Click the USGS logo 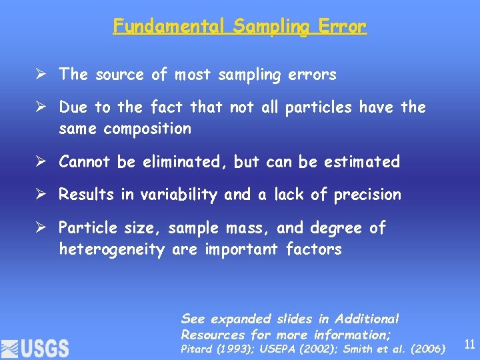click(x=35, y=347)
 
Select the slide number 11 click(x=469, y=345)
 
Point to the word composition click(x=147, y=128)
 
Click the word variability click(x=178, y=195)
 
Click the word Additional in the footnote click(x=367, y=319)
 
